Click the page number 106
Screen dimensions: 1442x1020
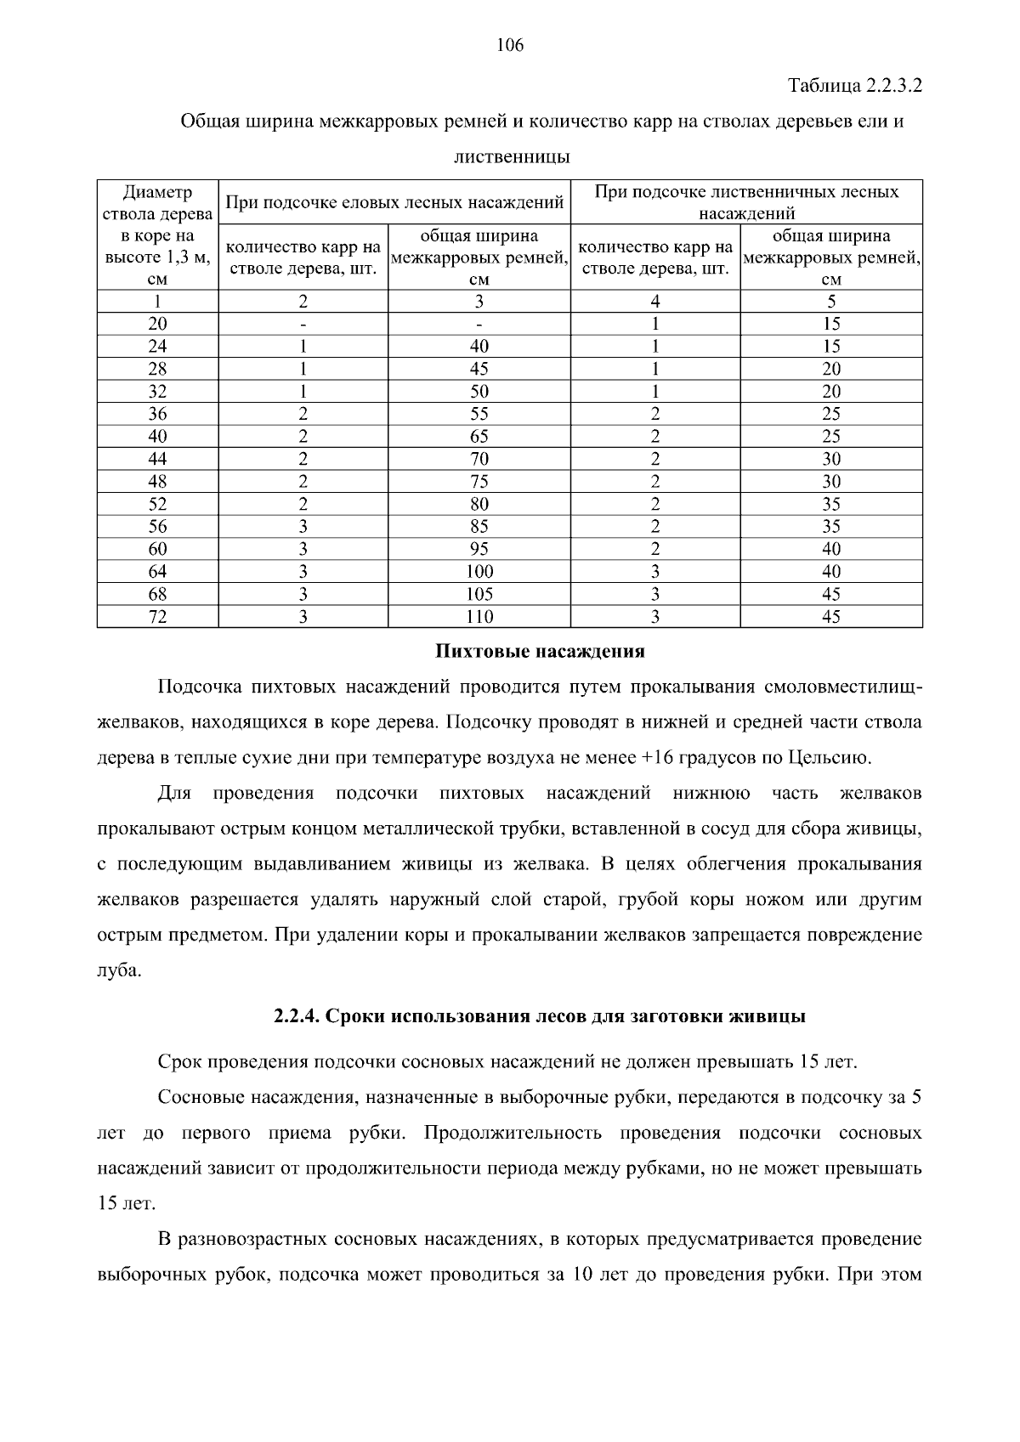(510, 46)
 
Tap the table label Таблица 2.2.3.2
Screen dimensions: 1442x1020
(855, 86)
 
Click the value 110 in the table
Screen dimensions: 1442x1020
(479, 617)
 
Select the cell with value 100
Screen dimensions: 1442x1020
(479, 572)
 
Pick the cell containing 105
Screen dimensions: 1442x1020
(479, 594)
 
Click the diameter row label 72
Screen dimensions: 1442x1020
(157, 617)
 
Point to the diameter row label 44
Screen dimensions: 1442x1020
(157, 459)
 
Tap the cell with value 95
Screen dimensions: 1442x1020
(479, 549)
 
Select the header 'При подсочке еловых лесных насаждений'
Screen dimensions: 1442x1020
(394, 203)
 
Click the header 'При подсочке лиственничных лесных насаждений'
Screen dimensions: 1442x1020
(746, 202)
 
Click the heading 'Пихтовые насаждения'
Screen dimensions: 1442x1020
(540, 652)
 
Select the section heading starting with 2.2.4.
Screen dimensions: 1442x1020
(540, 1016)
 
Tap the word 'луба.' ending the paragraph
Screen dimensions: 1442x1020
(119, 970)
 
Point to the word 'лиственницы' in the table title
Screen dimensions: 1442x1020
(511, 157)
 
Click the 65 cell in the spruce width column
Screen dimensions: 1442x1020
(479, 437)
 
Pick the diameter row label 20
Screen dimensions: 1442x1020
(157, 324)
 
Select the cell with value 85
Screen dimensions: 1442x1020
(479, 527)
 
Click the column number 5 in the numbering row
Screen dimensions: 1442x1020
(831, 302)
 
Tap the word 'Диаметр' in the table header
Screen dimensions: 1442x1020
(157, 192)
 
